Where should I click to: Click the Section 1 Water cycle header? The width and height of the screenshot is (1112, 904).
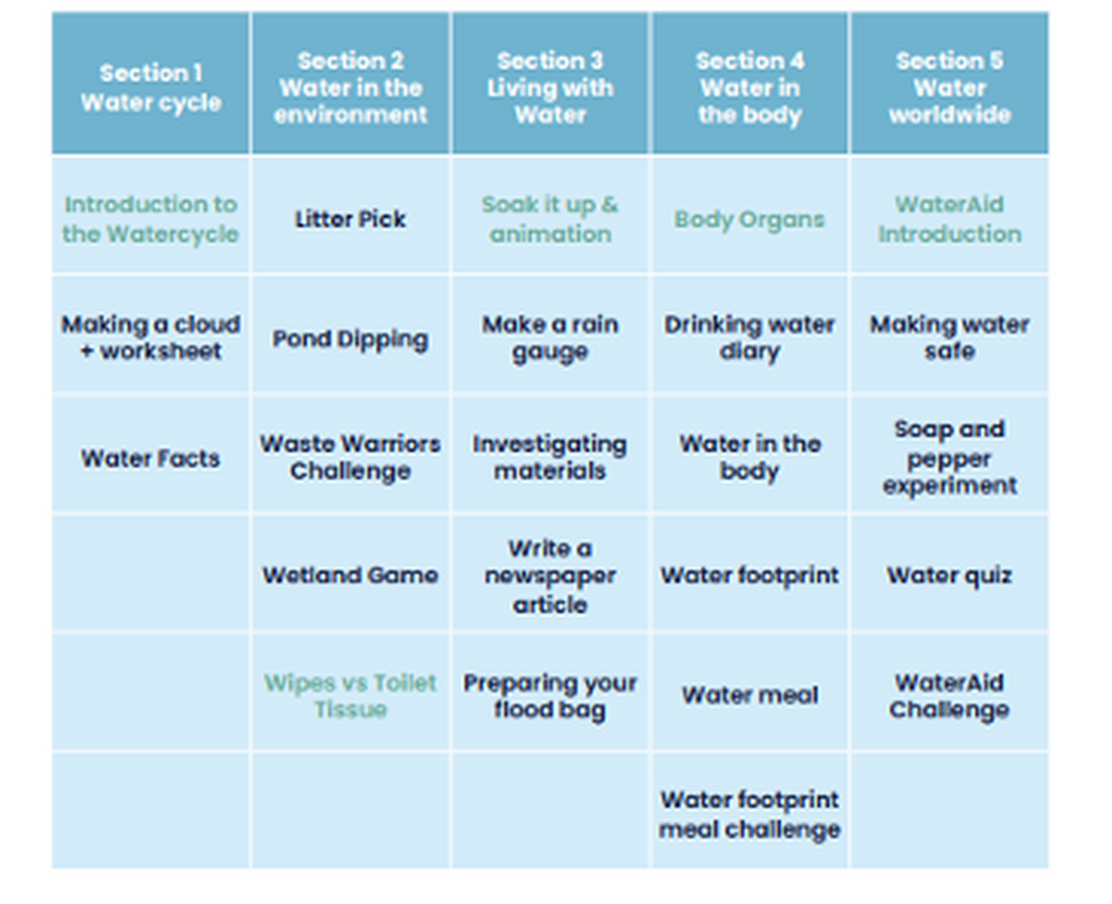click(150, 87)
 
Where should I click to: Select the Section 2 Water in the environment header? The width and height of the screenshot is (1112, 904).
click(350, 87)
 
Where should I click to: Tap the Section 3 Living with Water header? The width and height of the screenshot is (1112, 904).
click(550, 87)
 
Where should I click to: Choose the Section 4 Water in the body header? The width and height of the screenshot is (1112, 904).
click(750, 87)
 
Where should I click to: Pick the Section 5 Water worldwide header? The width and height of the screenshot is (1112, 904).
click(949, 87)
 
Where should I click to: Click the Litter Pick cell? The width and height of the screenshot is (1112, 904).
click(350, 220)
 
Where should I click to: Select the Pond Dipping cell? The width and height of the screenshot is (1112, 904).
click(350, 338)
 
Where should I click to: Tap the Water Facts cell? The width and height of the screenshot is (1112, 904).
click(150, 458)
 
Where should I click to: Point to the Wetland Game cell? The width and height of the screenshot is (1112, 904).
click(350, 575)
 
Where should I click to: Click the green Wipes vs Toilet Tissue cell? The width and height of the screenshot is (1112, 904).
click(350, 696)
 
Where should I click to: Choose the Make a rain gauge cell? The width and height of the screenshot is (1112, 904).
click(550, 338)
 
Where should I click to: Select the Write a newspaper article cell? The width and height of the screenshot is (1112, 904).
click(550, 575)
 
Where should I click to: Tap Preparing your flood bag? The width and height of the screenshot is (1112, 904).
click(550, 696)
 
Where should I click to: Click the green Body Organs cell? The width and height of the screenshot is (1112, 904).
click(750, 220)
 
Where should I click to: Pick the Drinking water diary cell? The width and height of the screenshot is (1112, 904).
click(750, 338)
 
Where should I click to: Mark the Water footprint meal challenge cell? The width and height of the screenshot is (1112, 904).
click(750, 813)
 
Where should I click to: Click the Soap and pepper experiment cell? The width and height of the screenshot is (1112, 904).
click(949, 458)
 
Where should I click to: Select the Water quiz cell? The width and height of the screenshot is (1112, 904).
click(949, 575)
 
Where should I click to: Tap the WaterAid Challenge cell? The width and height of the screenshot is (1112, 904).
click(949, 696)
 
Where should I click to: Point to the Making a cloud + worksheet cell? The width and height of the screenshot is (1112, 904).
click(150, 338)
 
